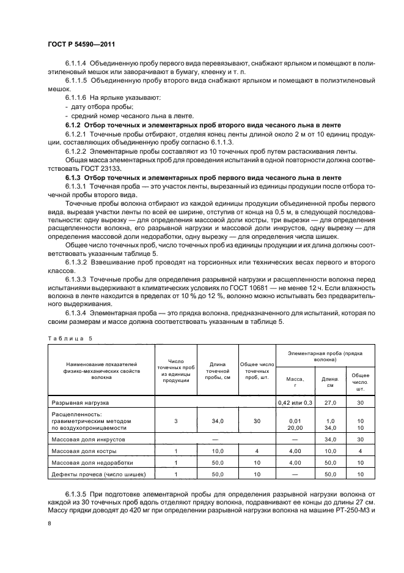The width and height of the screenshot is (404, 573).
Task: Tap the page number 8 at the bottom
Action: pos(50,523)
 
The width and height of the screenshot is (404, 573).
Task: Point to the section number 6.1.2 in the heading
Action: pos(73,125)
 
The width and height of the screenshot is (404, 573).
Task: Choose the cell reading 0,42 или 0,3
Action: pos(295,403)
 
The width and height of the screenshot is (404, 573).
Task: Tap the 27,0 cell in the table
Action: pos(330,403)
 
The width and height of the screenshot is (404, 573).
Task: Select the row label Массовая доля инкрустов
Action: pos(88,440)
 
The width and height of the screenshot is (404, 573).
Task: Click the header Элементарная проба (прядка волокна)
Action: pos(326,357)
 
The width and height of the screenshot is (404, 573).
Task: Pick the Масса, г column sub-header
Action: pos(295,382)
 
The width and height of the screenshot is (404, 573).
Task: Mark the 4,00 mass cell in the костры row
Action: pos(295,451)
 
